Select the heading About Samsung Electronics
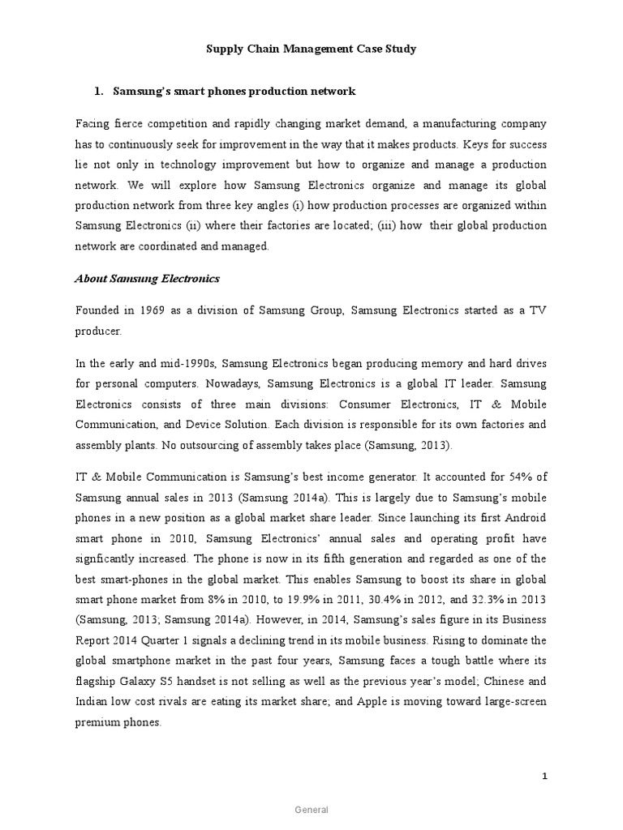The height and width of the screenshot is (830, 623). [x=147, y=279]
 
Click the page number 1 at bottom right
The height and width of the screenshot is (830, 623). [x=545, y=776]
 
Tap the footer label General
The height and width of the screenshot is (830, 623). [x=311, y=810]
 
